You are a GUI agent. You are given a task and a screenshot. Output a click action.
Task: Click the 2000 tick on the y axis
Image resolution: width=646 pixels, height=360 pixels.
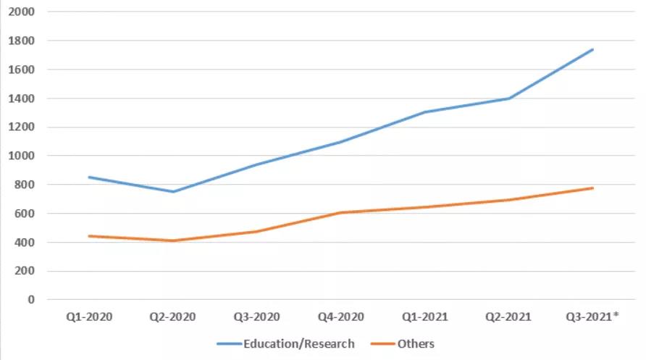20,12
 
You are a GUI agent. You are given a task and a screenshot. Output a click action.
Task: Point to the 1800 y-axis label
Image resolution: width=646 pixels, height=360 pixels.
20,41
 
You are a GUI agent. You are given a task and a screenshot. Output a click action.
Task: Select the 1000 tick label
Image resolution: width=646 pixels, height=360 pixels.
20,156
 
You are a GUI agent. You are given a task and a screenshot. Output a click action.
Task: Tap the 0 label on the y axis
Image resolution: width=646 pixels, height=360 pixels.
30,300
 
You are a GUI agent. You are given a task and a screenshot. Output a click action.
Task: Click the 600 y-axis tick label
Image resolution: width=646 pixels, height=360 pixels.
24,214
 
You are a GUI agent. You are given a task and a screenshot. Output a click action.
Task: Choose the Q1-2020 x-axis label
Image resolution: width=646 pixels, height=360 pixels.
88,317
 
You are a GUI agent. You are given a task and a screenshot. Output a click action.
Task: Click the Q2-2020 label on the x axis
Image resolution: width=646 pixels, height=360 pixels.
172,317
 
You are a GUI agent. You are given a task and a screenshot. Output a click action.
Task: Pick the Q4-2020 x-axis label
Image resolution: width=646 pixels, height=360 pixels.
340,317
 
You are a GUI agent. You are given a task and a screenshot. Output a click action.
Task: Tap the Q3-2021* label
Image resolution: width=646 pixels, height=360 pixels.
593,317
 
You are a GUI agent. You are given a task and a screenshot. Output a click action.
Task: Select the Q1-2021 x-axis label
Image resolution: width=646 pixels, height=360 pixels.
424,317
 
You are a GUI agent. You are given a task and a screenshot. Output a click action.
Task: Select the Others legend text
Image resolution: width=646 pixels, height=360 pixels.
416,343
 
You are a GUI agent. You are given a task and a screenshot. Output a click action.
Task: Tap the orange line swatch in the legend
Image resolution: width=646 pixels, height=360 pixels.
381,343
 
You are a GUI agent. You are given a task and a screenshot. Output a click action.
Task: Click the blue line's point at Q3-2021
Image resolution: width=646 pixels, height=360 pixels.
593,49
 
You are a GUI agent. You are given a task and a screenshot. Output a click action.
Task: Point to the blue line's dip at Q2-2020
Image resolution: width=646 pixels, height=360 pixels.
172,192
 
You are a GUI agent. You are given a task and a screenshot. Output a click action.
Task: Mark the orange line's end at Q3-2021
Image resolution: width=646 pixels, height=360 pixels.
593,188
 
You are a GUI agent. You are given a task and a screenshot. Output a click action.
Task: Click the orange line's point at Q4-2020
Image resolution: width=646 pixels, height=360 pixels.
340,213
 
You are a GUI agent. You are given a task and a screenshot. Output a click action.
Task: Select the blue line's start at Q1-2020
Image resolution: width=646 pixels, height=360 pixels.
88,177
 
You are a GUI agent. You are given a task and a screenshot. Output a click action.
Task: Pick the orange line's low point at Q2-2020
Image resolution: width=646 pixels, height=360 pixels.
172,240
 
